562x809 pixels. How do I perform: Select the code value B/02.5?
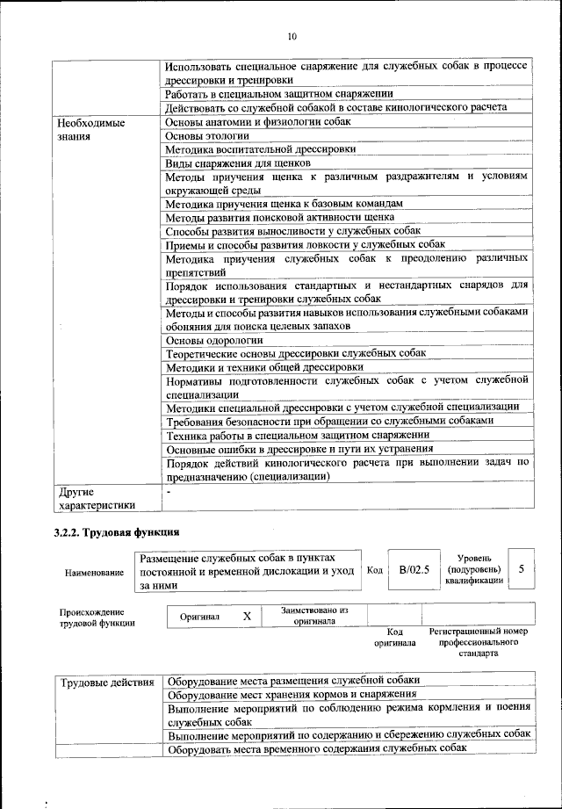[414, 569]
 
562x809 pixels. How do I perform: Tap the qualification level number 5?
[521, 569]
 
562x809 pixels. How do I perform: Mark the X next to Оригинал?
[247, 617]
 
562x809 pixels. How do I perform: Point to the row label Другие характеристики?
[96, 498]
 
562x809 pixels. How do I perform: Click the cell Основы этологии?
[207, 135]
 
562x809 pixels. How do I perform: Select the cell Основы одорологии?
[214, 340]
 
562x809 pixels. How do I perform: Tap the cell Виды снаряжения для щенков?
[237, 163]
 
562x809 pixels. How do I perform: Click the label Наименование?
[94, 573]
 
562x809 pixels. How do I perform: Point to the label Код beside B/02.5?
[374, 570]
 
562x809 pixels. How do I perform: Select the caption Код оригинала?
[394, 637]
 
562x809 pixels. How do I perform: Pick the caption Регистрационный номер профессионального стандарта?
[478, 642]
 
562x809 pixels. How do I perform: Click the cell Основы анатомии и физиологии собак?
[258, 122]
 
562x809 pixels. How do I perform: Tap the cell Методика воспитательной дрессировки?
[261, 149]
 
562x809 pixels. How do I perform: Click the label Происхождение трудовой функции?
[97, 617]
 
